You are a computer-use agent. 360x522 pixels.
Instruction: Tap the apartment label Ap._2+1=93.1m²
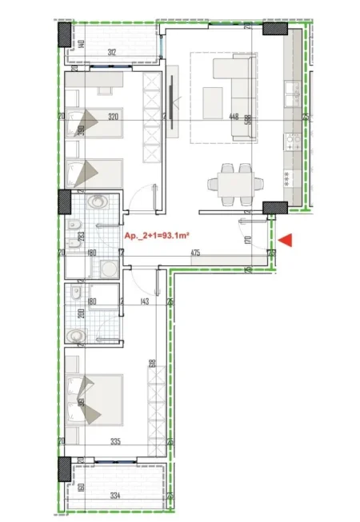164,236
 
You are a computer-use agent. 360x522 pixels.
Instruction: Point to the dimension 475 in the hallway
194,254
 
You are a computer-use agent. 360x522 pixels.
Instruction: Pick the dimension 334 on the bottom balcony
117,496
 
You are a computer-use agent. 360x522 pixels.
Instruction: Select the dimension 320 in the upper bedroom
113,117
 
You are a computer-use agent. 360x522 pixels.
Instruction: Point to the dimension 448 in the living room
234,117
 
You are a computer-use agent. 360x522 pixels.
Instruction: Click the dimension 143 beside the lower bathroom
145,302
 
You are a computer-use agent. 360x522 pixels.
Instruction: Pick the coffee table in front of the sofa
213,100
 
